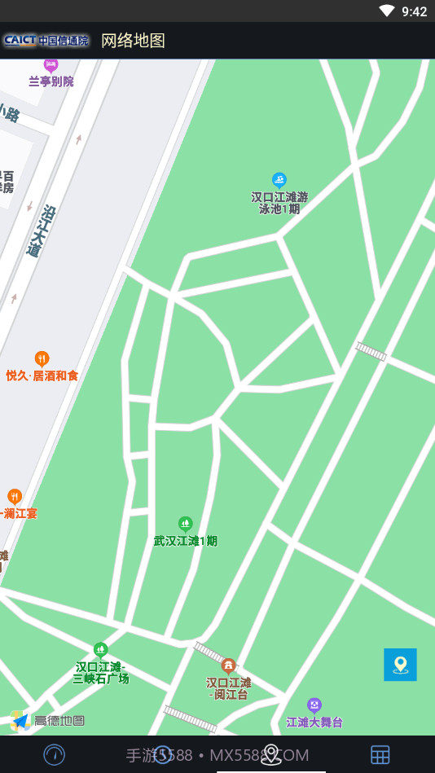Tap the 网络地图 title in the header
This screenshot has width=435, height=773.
pos(133,41)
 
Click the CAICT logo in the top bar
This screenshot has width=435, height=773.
pos(46,40)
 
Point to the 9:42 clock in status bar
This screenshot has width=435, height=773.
pos(414,11)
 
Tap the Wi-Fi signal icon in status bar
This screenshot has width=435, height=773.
pos(386,11)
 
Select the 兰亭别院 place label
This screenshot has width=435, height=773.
pos(51,81)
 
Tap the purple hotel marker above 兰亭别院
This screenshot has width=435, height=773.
pos(51,65)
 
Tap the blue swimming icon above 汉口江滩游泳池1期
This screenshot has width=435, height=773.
pos(279,180)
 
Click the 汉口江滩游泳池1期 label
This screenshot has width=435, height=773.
pos(279,202)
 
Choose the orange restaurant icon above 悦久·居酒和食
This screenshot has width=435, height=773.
pos(42,358)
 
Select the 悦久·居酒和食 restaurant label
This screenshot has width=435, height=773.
pos(42,376)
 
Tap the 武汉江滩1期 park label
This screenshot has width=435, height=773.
pos(186,540)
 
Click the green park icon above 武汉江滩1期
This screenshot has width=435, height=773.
pos(186,523)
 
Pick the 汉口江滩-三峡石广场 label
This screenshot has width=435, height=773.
pos(101,672)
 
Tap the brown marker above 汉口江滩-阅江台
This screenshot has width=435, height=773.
pos(229,665)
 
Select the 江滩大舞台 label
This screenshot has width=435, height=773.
pos(314,722)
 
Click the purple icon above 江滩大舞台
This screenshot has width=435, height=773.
pos(314,705)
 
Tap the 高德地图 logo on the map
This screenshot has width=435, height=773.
pos(48,721)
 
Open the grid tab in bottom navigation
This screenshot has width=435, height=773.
pos(380,755)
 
